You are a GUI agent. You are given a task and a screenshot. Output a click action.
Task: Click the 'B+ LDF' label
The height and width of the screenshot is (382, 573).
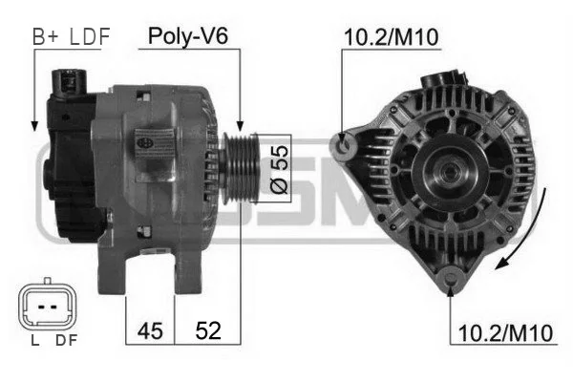click(x=72, y=36)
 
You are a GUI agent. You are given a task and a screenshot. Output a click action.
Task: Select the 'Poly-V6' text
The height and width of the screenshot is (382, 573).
click(x=188, y=36)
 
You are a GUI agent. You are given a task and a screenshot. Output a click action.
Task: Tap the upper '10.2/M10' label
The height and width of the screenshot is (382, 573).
click(x=391, y=37)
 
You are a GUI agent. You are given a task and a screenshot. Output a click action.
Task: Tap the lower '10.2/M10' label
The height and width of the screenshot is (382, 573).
click(x=505, y=333)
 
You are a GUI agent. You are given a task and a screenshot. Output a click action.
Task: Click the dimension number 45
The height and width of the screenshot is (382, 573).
click(x=150, y=330)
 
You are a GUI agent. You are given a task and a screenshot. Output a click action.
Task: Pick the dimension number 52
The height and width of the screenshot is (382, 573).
click(x=208, y=330)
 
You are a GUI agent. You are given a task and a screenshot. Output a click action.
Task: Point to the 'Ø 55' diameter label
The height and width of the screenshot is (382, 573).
click(x=279, y=169)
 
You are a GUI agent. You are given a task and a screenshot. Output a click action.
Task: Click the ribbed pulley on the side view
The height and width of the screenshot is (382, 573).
click(x=241, y=168)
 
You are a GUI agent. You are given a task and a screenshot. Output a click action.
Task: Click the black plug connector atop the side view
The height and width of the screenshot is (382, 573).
click(x=69, y=83)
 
